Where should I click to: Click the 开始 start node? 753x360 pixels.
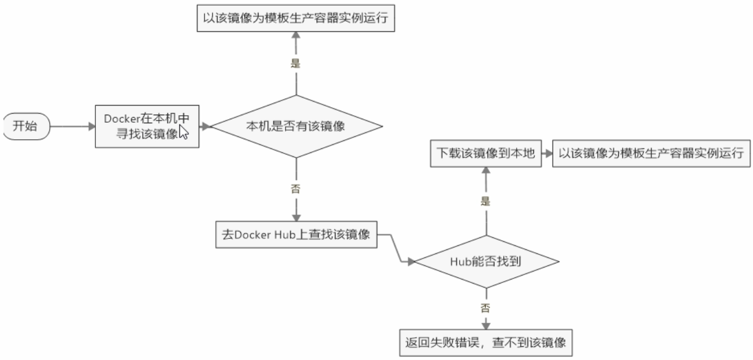tap(27, 126)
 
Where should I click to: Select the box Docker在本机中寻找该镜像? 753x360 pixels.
tap(147, 126)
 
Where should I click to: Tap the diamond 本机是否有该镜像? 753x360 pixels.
tap(296, 126)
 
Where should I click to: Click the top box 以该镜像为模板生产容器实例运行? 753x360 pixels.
tap(296, 18)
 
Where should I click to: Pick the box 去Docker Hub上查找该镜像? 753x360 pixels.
tap(296, 234)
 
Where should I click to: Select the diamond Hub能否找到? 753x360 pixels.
tap(486, 261)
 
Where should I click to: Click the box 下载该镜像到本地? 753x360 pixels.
tap(486, 153)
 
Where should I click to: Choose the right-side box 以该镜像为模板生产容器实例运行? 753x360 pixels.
tap(651, 153)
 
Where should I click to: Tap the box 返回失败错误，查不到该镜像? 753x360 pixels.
tap(486, 342)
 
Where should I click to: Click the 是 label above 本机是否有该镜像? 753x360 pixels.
tap(296, 63)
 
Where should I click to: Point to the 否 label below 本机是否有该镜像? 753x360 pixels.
tap(296, 189)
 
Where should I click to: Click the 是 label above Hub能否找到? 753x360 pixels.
tap(486, 201)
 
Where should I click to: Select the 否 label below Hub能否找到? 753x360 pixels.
tap(486, 308)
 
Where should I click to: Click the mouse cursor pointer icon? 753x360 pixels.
tap(183, 132)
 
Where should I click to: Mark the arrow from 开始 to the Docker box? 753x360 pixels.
tap(73, 127)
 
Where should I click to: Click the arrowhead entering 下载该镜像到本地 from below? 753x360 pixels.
tap(486, 170)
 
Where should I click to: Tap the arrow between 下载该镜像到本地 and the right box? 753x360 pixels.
tap(547, 153)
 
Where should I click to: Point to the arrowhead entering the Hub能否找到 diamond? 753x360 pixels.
tap(411, 262)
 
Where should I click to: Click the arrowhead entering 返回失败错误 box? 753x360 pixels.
tap(486, 325)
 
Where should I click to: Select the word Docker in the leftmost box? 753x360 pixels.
tap(122, 119)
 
